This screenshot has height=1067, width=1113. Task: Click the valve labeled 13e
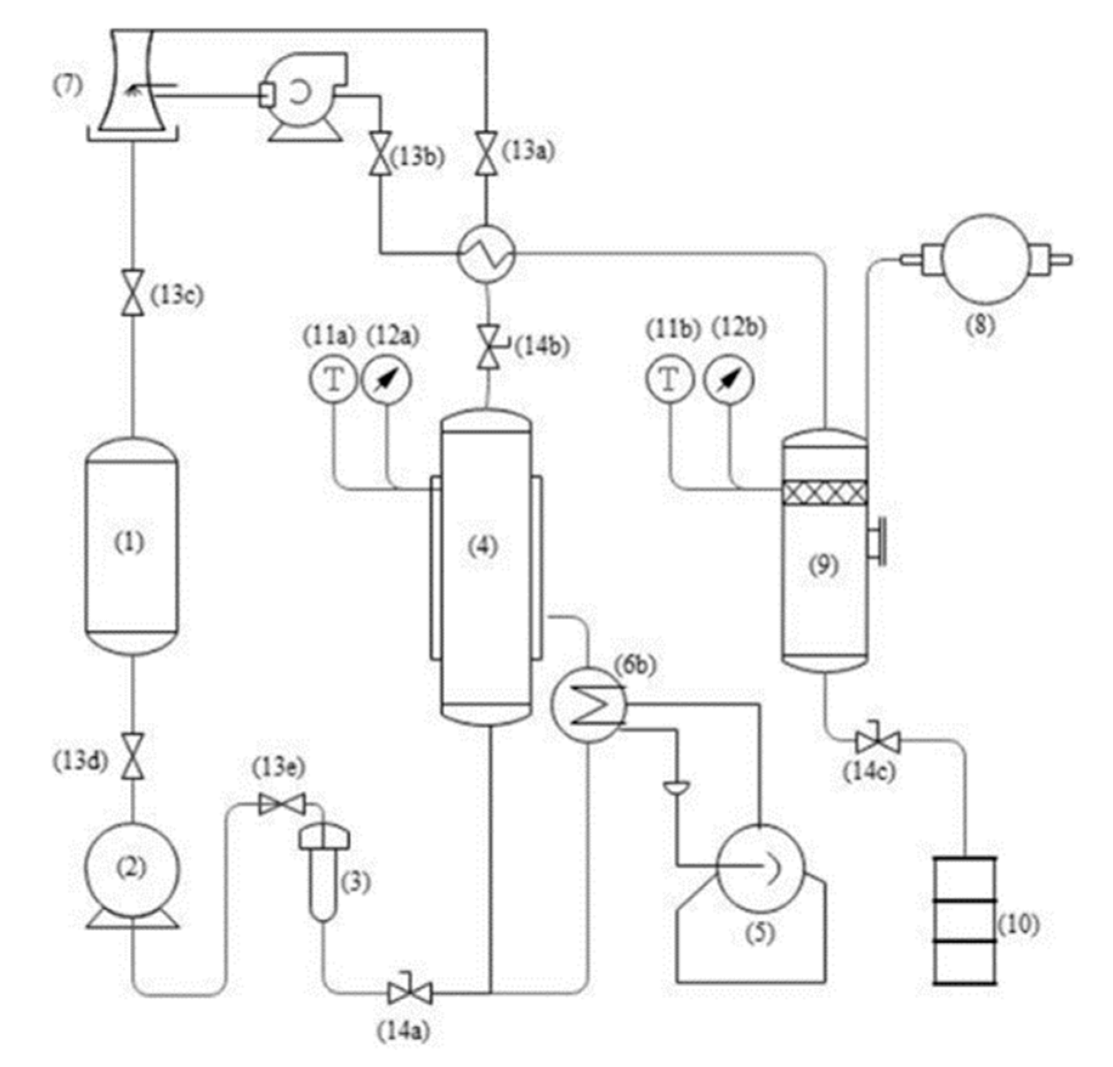click(x=281, y=804)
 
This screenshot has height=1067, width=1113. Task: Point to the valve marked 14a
click(x=410, y=994)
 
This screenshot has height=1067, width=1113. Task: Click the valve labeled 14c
click(x=877, y=741)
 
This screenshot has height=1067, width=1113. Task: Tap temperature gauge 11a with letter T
click(x=333, y=380)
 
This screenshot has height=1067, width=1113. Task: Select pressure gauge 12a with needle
click(x=386, y=380)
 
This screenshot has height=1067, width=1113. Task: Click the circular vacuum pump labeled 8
click(x=985, y=259)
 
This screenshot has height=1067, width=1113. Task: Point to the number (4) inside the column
click(x=483, y=546)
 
